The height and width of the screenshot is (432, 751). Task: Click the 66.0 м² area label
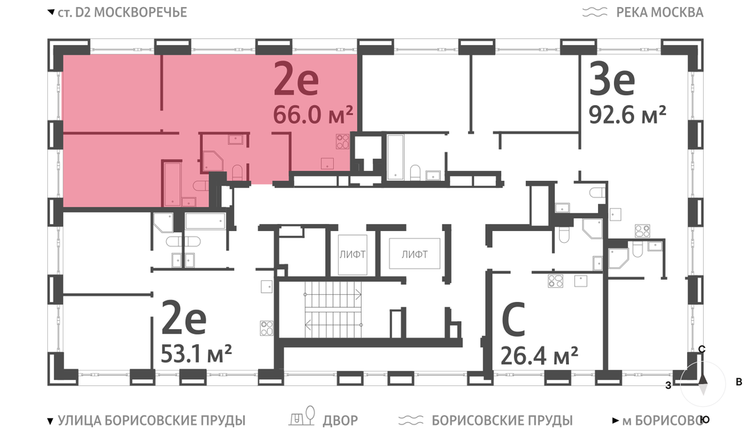point(313,115)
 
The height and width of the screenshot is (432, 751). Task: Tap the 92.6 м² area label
point(627,115)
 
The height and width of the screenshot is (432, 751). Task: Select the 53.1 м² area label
point(196,354)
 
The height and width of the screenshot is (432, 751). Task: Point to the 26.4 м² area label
point(540,356)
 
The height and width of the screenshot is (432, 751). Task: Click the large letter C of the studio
point(513,319)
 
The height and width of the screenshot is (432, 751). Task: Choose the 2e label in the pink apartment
point(296,79)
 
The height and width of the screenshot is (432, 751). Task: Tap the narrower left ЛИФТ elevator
point(353,255)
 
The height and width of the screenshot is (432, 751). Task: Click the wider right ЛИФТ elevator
point(414,255)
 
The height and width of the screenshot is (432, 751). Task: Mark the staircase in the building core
point(333,310)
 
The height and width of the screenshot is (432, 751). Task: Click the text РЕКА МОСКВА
point(659,13)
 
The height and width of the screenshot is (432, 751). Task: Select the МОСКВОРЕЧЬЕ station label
point(140,13)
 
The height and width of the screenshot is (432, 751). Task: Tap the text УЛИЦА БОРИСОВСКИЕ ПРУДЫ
point(152,421)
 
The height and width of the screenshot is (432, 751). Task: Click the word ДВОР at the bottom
point(340,421)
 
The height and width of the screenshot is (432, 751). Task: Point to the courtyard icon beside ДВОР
point(302,416)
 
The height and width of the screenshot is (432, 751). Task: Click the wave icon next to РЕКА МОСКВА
point(595,13)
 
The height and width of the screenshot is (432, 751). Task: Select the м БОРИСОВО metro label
point(663,421)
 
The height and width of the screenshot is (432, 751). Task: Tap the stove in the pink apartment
point(342,141)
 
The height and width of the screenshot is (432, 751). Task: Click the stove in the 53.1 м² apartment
point(267,328)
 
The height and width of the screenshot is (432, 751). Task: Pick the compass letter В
point(739,382)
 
